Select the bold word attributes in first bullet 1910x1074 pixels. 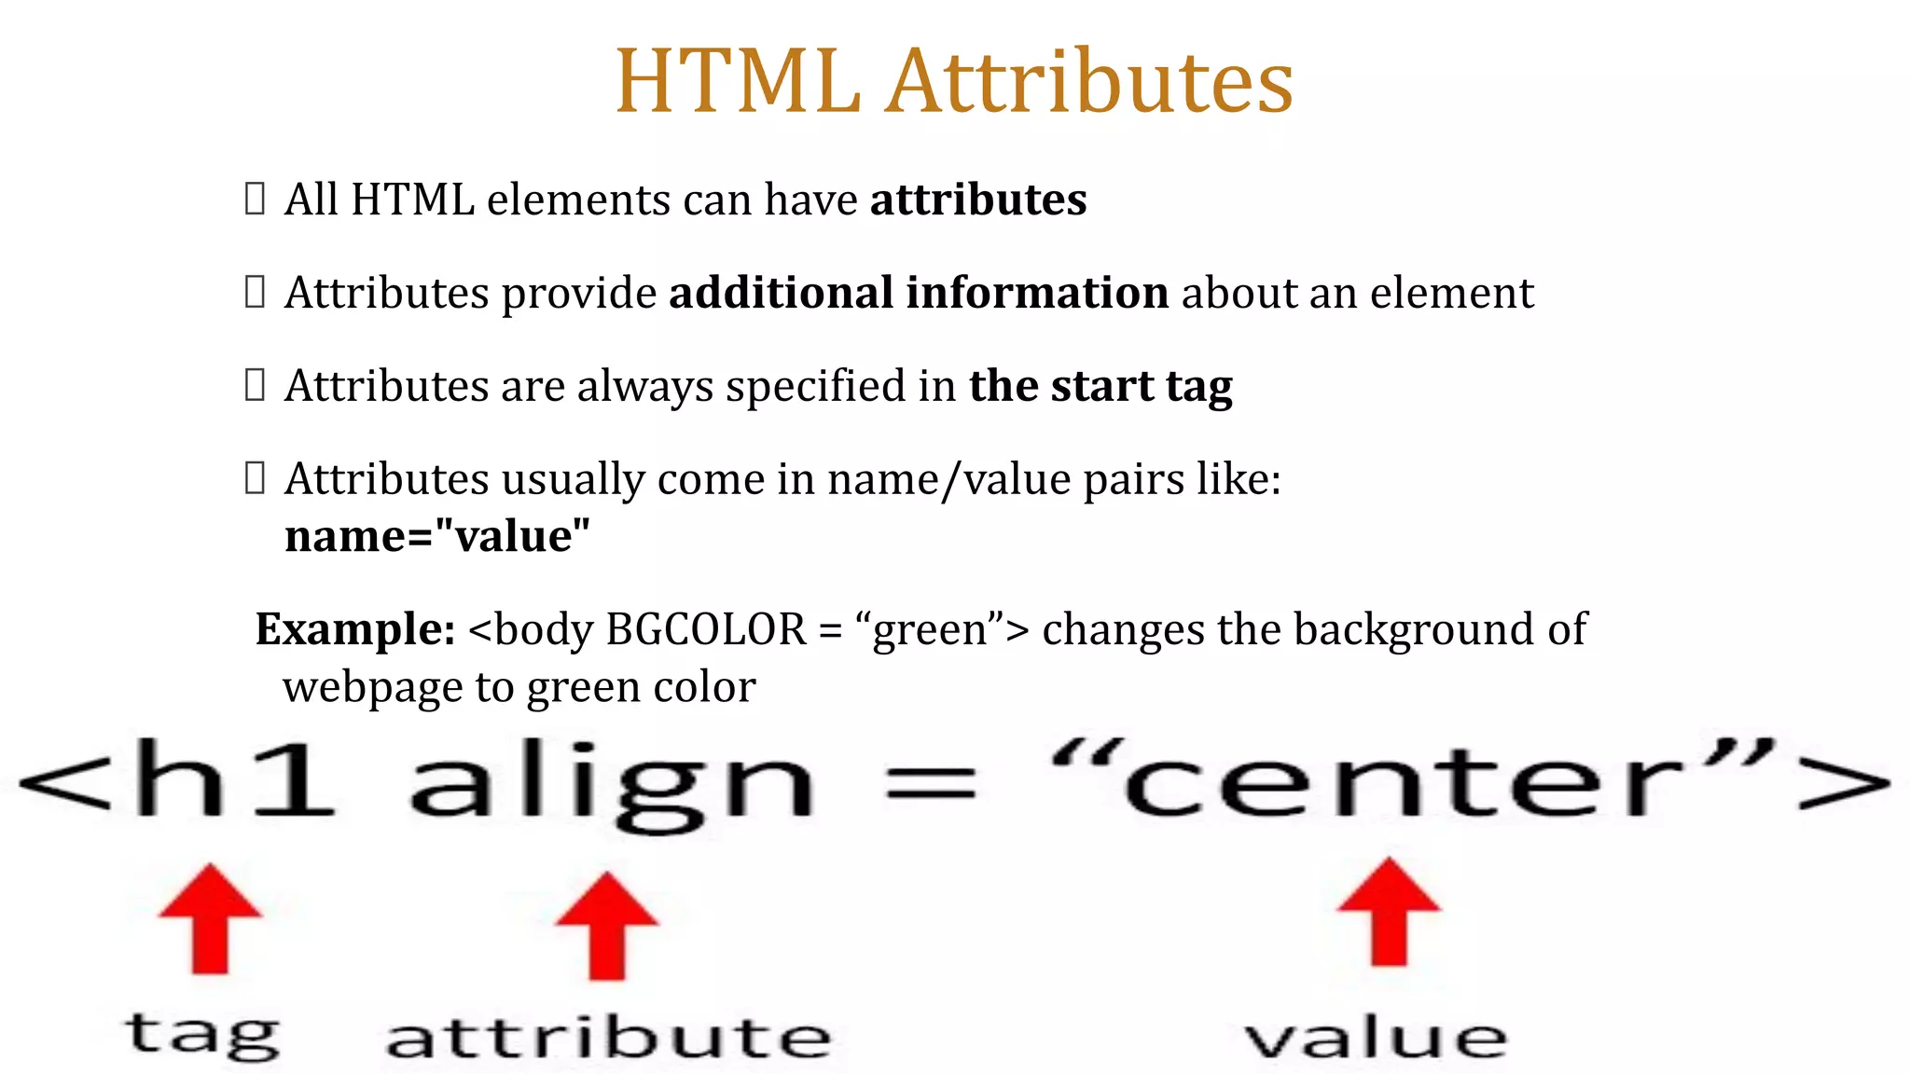pyautogui.click(x=978, y=200)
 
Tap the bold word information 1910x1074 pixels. pyautogui.click(x=1037, y=293)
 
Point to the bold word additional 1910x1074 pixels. pyautogui.click(x=781, y=293)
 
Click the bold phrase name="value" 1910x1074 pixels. pyautogui.click(x=437, y=536)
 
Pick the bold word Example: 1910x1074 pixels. pyautogui.click(x=355, y=629)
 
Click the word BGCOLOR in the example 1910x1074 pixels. pyautogui.click(x=706, y=629)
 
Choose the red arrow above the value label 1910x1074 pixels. pyautogui.click(x=1389, y=913)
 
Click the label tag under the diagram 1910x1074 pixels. pyautogui.click(x=201, y=1035)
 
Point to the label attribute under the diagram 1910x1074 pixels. pyautogui.click(x=608, y=1037)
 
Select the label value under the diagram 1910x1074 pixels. pyautogui.click(x=1376, y=1037)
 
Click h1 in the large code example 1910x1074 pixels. pyautogui.click(x=233, y=778)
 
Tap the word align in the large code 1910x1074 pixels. pyautogui.click(x=612, y=783)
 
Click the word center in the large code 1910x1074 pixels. pyautogui.click(x=1404, y=783)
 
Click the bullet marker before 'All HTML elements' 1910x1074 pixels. pyautogui.click(x=255, y=199)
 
